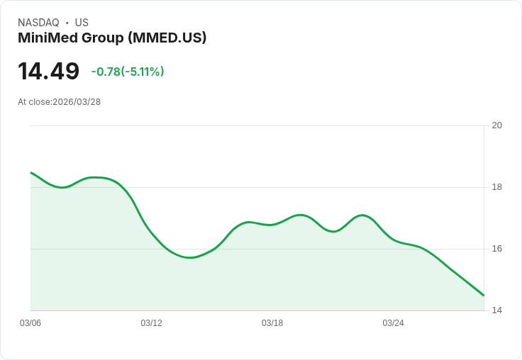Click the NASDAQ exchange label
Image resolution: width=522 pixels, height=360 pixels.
pyautogui.click(x=38, y=23)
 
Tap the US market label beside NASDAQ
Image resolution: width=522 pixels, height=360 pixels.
pyautogui.click(x=82, y=23)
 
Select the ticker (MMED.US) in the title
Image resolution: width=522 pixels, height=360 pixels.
pyautogui.click(x=167, y=38)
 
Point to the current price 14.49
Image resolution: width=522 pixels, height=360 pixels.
pyautogui.click(x=48, y=71)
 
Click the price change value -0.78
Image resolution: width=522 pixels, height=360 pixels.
pyautogui.click(x=106, y=72)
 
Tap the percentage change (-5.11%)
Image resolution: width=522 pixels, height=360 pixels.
pyautogui.click(x=143, y=72)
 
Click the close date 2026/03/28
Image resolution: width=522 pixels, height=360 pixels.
pyautogui.click(x=77, y=102)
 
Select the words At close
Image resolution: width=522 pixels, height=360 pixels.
pyautogui.click(x=34, y=102)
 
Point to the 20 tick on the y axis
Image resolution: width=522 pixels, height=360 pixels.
pyautogui.click(x=497, y=125)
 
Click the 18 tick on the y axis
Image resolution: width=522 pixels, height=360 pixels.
pyautogui.click(x=497, y=187)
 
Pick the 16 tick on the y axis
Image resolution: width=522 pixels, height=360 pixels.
pyautogui.click(x=497, y=249)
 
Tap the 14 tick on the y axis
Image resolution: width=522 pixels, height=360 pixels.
pyautogui.click(x=497, y=310)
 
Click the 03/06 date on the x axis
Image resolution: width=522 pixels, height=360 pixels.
pyautogui.click(x=30, y=323)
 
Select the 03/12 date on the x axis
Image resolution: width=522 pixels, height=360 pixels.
pyautogui.click(x=151, y=323)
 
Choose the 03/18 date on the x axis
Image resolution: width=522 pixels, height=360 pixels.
pyautogui.click(x=272, y=323)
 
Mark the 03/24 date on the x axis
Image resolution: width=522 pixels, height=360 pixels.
pyautogui.click(x=393, y=323)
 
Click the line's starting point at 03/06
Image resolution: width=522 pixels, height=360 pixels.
pyautogui.click(x=31, y=172)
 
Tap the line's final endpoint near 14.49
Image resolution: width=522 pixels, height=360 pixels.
pyautogui.click(x=484, y=296)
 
